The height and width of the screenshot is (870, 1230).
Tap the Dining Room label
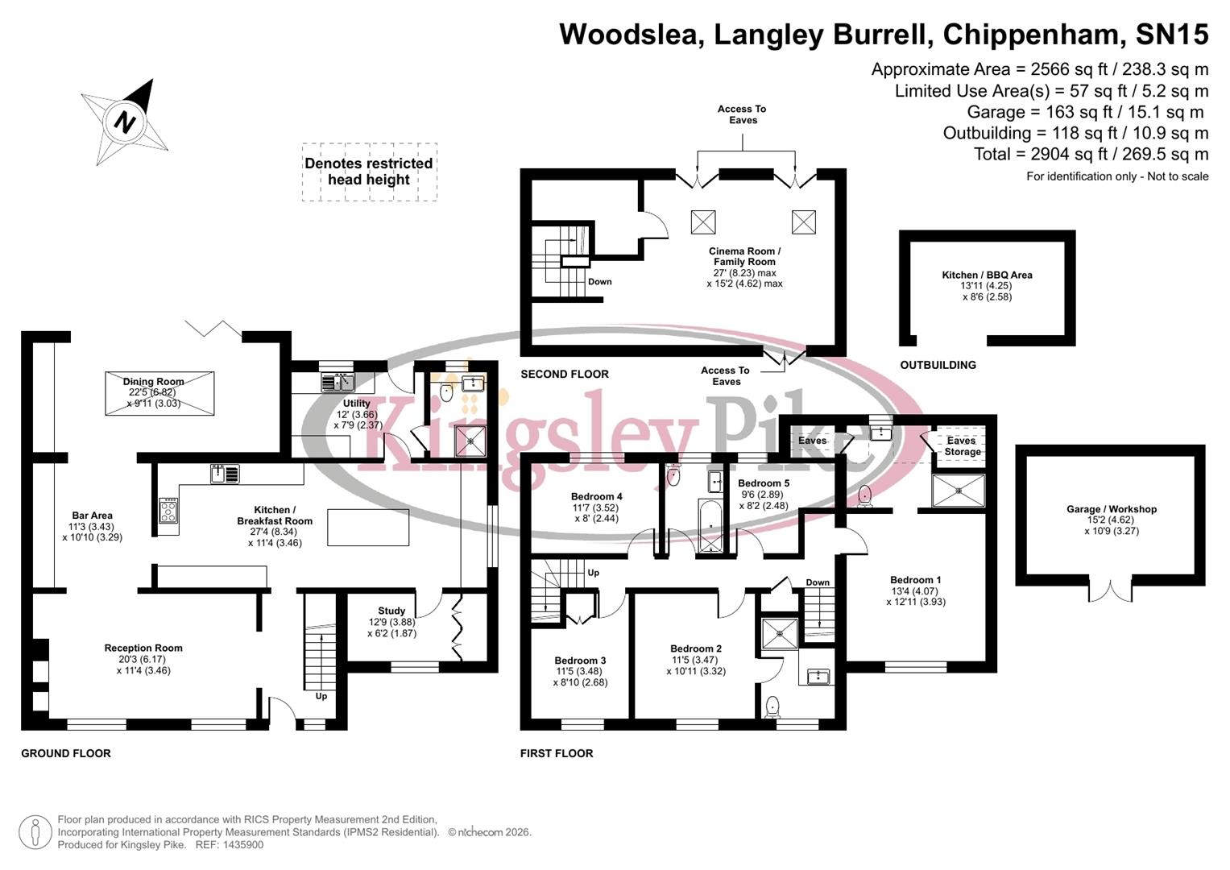click(154, 382)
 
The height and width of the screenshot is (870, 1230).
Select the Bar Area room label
click(92, 516)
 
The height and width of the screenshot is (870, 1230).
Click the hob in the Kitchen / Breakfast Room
click(168, 511)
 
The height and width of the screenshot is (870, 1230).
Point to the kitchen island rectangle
click(368, 528)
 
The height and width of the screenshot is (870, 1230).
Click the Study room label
click(391, 611)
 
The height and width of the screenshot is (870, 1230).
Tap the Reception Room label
click(143, 648)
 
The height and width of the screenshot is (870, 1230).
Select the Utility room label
click(357, 404)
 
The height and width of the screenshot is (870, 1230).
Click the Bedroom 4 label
click(596, 496)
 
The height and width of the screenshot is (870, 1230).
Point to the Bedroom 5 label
click(764, 483)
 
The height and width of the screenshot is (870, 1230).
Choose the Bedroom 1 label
click(915, 580)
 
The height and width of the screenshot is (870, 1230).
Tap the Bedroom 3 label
click(580, 661)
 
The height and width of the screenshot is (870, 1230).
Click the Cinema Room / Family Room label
click(744, 256)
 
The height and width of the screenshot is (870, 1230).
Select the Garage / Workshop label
click(1111, 509)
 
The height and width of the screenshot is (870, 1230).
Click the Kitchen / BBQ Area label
click(987, 275)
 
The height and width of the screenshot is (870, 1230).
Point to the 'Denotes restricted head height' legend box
click(369, 172)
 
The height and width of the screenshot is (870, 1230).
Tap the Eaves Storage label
click(962, 446)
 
